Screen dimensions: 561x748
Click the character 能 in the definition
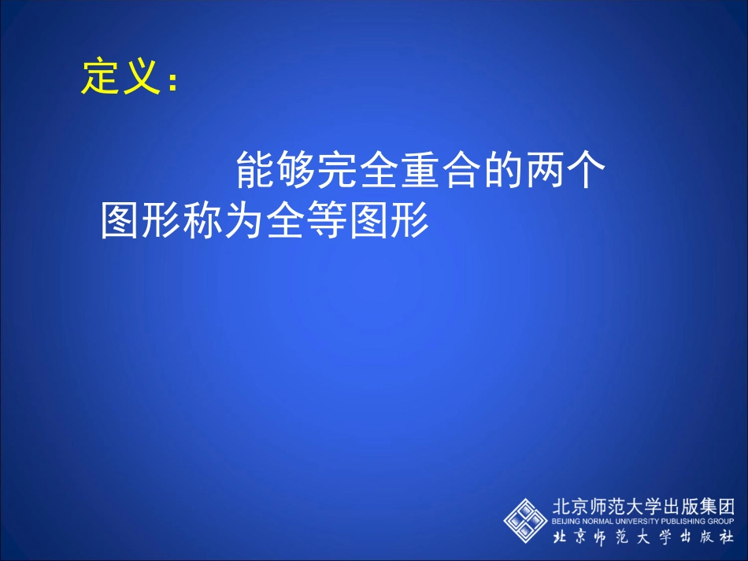pyautogui.click(x=256, y=171)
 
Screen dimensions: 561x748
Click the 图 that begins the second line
pyautogui.click(x=121, y=221)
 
